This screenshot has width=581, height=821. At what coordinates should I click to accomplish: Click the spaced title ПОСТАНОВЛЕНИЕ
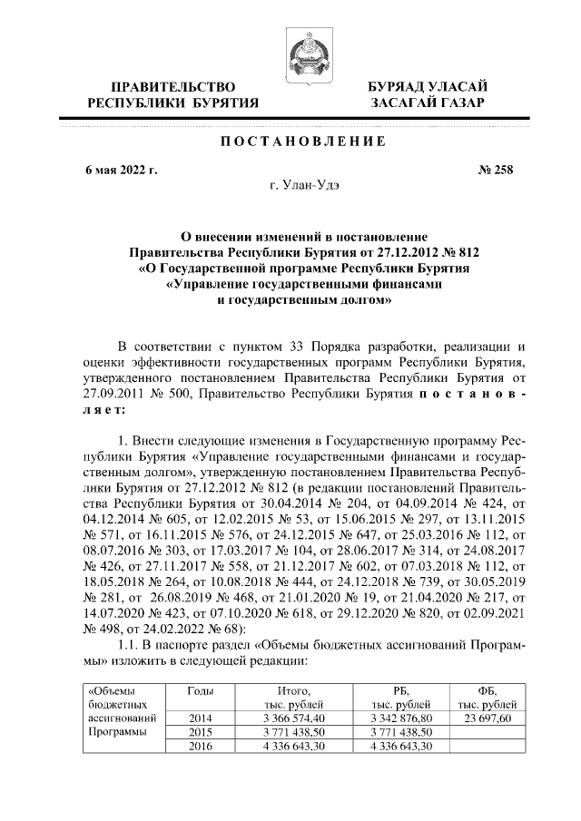coord(290,142)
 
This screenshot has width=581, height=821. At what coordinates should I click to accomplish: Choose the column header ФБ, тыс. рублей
coord(487,697)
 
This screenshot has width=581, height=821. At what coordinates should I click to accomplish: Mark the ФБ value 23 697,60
coord(487,717)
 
